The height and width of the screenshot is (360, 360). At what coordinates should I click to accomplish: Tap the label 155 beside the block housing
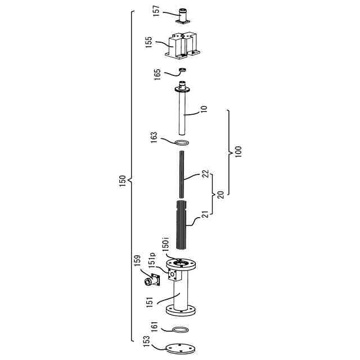tap(148, 42)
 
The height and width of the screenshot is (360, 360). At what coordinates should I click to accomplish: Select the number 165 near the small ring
tap(157, 74)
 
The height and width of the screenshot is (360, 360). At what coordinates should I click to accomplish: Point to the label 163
tap(154, 137)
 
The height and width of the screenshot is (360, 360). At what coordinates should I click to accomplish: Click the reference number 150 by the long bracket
tap(123, 181)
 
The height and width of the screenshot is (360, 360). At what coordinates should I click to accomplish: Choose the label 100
tap(238, 151)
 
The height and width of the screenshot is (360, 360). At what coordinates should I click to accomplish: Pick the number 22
tap(206, 173)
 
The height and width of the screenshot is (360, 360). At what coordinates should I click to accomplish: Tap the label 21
tap(206, 214)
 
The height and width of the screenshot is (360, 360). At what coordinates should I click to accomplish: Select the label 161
tap(154, 326)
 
